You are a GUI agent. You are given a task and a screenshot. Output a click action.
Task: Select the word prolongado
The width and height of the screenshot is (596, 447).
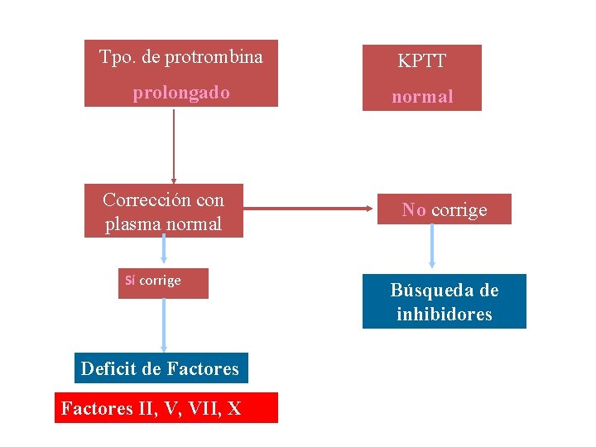click(x=181, y=93)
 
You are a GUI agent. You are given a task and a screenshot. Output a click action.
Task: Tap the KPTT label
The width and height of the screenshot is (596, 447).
click(x=421, y=61)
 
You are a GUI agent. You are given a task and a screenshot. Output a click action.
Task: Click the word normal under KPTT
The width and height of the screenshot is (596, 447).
click(x=422, y=97)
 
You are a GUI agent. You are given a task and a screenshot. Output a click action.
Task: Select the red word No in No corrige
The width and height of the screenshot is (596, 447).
click(x=414, y=210)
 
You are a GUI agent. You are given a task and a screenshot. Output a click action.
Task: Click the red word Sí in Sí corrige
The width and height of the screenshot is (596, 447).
click(x=130, y=281)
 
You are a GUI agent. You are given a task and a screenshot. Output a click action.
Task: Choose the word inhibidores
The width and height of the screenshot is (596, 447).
click(x=445, y=315)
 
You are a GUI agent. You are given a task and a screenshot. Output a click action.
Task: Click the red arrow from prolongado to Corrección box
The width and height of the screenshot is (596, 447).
click(x=174, y=146)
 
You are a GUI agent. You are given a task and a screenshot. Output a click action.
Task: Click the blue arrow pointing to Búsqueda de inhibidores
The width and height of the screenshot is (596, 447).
click(x=431, y=247)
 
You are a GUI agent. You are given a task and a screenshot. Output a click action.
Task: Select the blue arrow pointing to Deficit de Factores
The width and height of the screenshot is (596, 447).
click(x=163, y=326)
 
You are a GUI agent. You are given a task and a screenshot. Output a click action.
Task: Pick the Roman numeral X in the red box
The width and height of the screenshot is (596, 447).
click(x=234, y=408)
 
